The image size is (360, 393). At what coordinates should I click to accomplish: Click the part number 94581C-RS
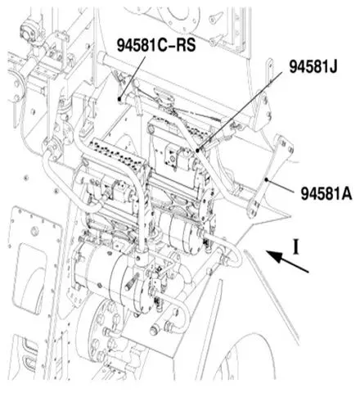point(156,45)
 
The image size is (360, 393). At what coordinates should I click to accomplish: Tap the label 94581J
point(313,66)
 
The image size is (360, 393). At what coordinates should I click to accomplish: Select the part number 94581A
point(326,193)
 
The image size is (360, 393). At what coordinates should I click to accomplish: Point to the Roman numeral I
point(295,246)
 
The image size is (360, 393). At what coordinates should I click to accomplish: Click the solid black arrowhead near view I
point(275,256)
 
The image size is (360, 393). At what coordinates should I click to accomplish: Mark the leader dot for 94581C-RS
point(119,99)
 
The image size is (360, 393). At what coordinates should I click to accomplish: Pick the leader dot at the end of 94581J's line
point(197,150)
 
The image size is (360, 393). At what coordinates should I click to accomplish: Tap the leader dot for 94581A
point(267,179)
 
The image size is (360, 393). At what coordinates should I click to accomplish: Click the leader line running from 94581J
point(240,111)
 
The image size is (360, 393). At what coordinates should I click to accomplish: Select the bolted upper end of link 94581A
point(284,145)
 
